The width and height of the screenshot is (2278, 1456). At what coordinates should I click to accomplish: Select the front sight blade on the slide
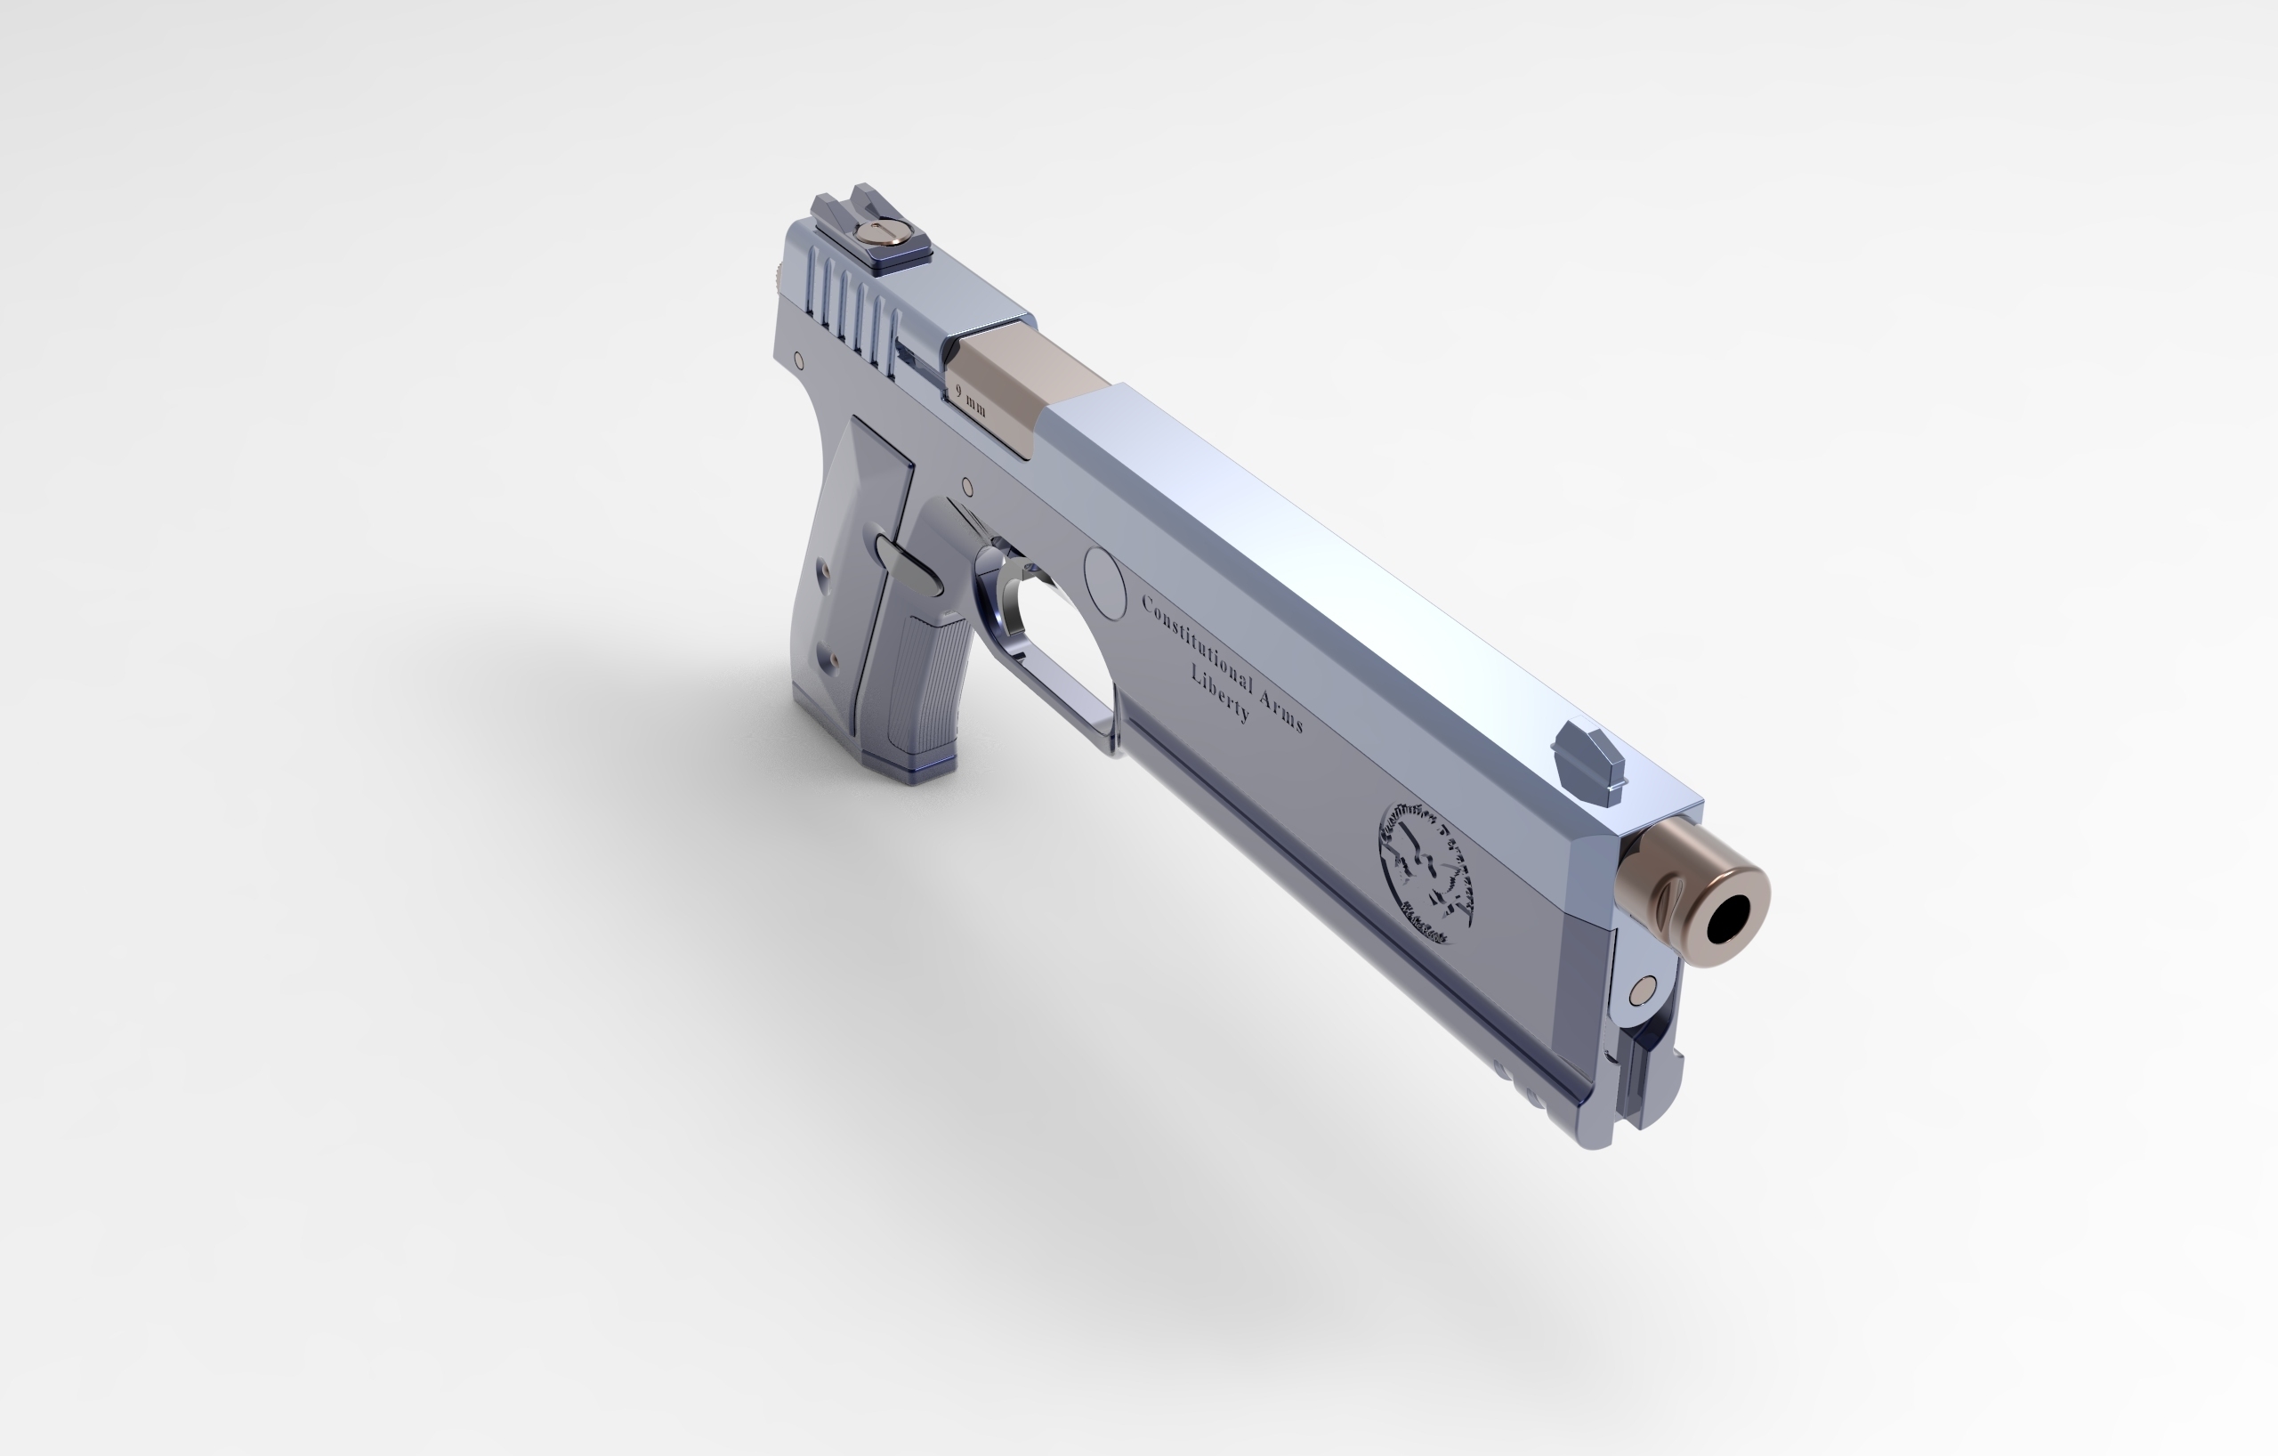pyautogui.click(x=1589, y=763)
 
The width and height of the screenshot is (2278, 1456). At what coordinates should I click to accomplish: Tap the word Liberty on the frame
pyautogui.click(x=1220, y=692)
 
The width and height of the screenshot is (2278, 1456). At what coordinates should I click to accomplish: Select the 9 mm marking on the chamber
pyautogui.click(x=971, y=400)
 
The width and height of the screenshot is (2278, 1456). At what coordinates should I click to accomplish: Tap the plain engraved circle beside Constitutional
pyautogui.click(x=1104, y=583)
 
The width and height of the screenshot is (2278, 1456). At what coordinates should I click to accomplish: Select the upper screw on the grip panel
pyautogui.click(x=822, y=570)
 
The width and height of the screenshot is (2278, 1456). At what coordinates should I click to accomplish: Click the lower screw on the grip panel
pyautogui.click(x=833, y=660)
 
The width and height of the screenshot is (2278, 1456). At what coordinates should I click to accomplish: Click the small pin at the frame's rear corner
pyautogui.click(x=799, y=360)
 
